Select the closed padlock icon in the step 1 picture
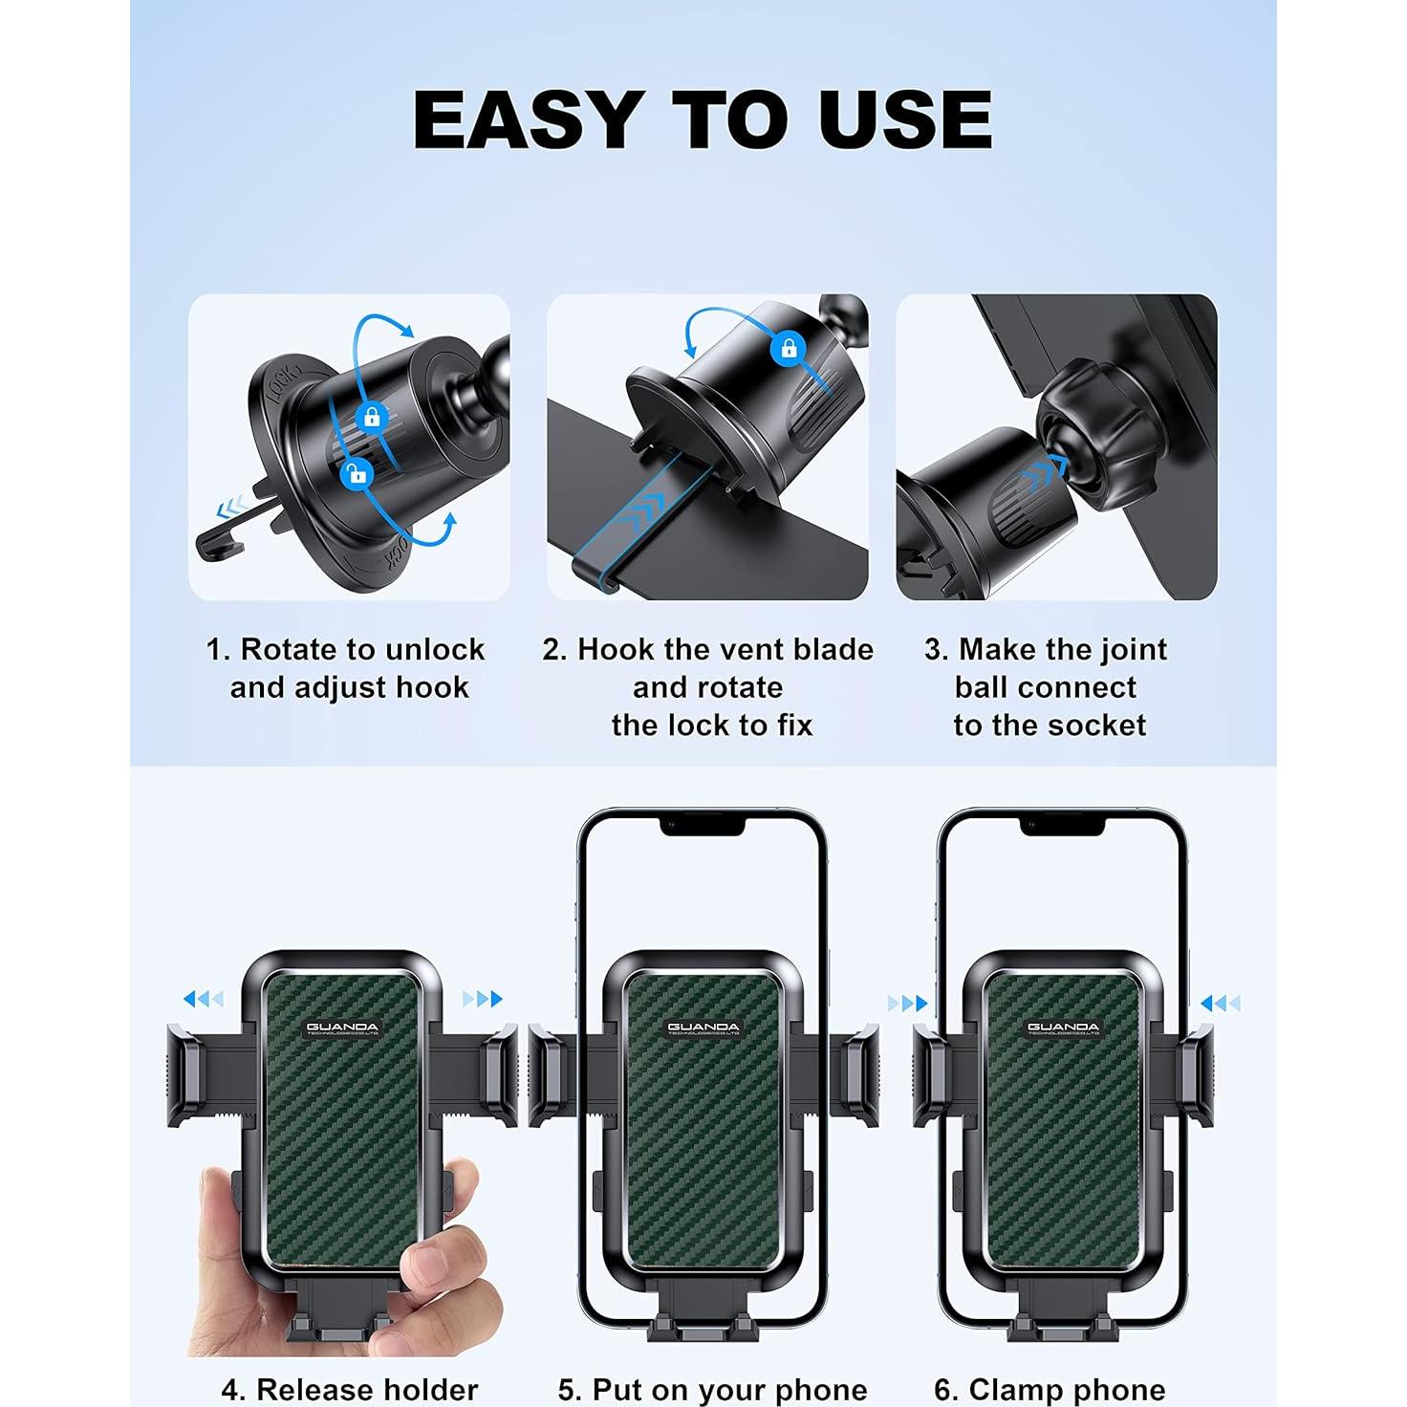(372, 417)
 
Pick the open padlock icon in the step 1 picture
(357, 473)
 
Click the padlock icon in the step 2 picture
(789, 348)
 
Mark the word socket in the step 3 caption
(1098, 725)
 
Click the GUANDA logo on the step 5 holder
(703, 1028)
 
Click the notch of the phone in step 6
(1062, 825)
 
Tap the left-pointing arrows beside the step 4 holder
(203, 999)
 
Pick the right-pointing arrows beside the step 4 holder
(483, 999)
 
